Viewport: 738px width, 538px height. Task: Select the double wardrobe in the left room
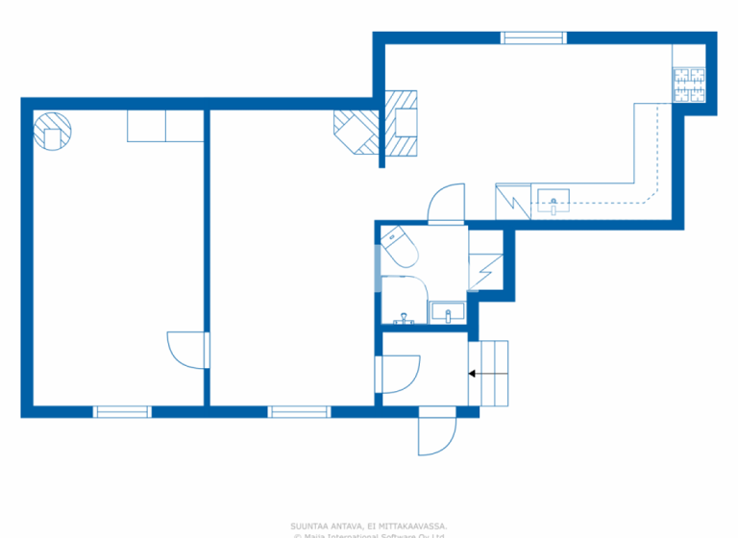pos(164,126)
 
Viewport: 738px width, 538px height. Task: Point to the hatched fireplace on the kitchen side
pos(403,123)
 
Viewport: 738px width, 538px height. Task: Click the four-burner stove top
pos(688,86)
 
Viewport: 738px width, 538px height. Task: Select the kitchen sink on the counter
pos(553,200)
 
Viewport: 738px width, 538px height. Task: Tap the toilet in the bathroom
pos(398,248)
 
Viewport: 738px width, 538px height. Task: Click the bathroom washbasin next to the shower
pos(447,312)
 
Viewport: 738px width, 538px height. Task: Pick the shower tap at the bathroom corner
pos(404,317)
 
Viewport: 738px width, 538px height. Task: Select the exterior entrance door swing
pos(436,431)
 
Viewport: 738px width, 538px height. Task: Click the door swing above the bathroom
pos(446,204)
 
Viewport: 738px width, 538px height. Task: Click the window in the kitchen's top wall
pos(533,38)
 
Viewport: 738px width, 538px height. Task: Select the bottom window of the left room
pos(123,411)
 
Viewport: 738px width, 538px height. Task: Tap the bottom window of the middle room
pos(299,411)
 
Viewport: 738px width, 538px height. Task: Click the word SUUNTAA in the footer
pos(312,526)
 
